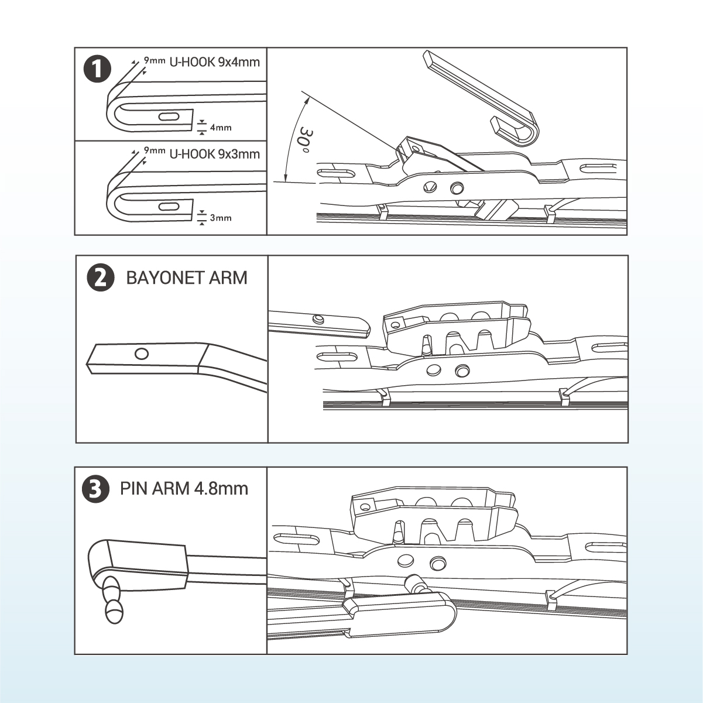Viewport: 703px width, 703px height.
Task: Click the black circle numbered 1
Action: [x=98, y=70]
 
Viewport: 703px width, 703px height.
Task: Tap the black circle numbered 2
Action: [x=100, y=278]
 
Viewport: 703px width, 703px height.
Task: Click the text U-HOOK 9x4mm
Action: [x=214, y=62]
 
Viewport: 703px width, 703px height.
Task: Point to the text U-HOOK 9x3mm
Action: [x=214, y=154]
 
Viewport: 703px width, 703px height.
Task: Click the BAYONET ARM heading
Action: [x=187, y=277]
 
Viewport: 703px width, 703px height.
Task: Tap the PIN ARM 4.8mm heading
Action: [x=184, y=488]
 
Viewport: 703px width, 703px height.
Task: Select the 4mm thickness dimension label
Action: [x=221, y=127]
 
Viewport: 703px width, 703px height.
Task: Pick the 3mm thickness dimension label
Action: [x=221, y=218]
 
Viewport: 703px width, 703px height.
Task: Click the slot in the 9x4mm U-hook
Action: [x=167, y=116]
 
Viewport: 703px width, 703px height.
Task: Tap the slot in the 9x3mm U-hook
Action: [x=167, y=207]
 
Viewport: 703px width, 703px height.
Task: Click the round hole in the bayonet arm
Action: [x=142, y=354]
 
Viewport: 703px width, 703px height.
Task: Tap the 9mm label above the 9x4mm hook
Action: [x=155, y=60]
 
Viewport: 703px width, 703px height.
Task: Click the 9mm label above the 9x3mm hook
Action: [x=155, y=150]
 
